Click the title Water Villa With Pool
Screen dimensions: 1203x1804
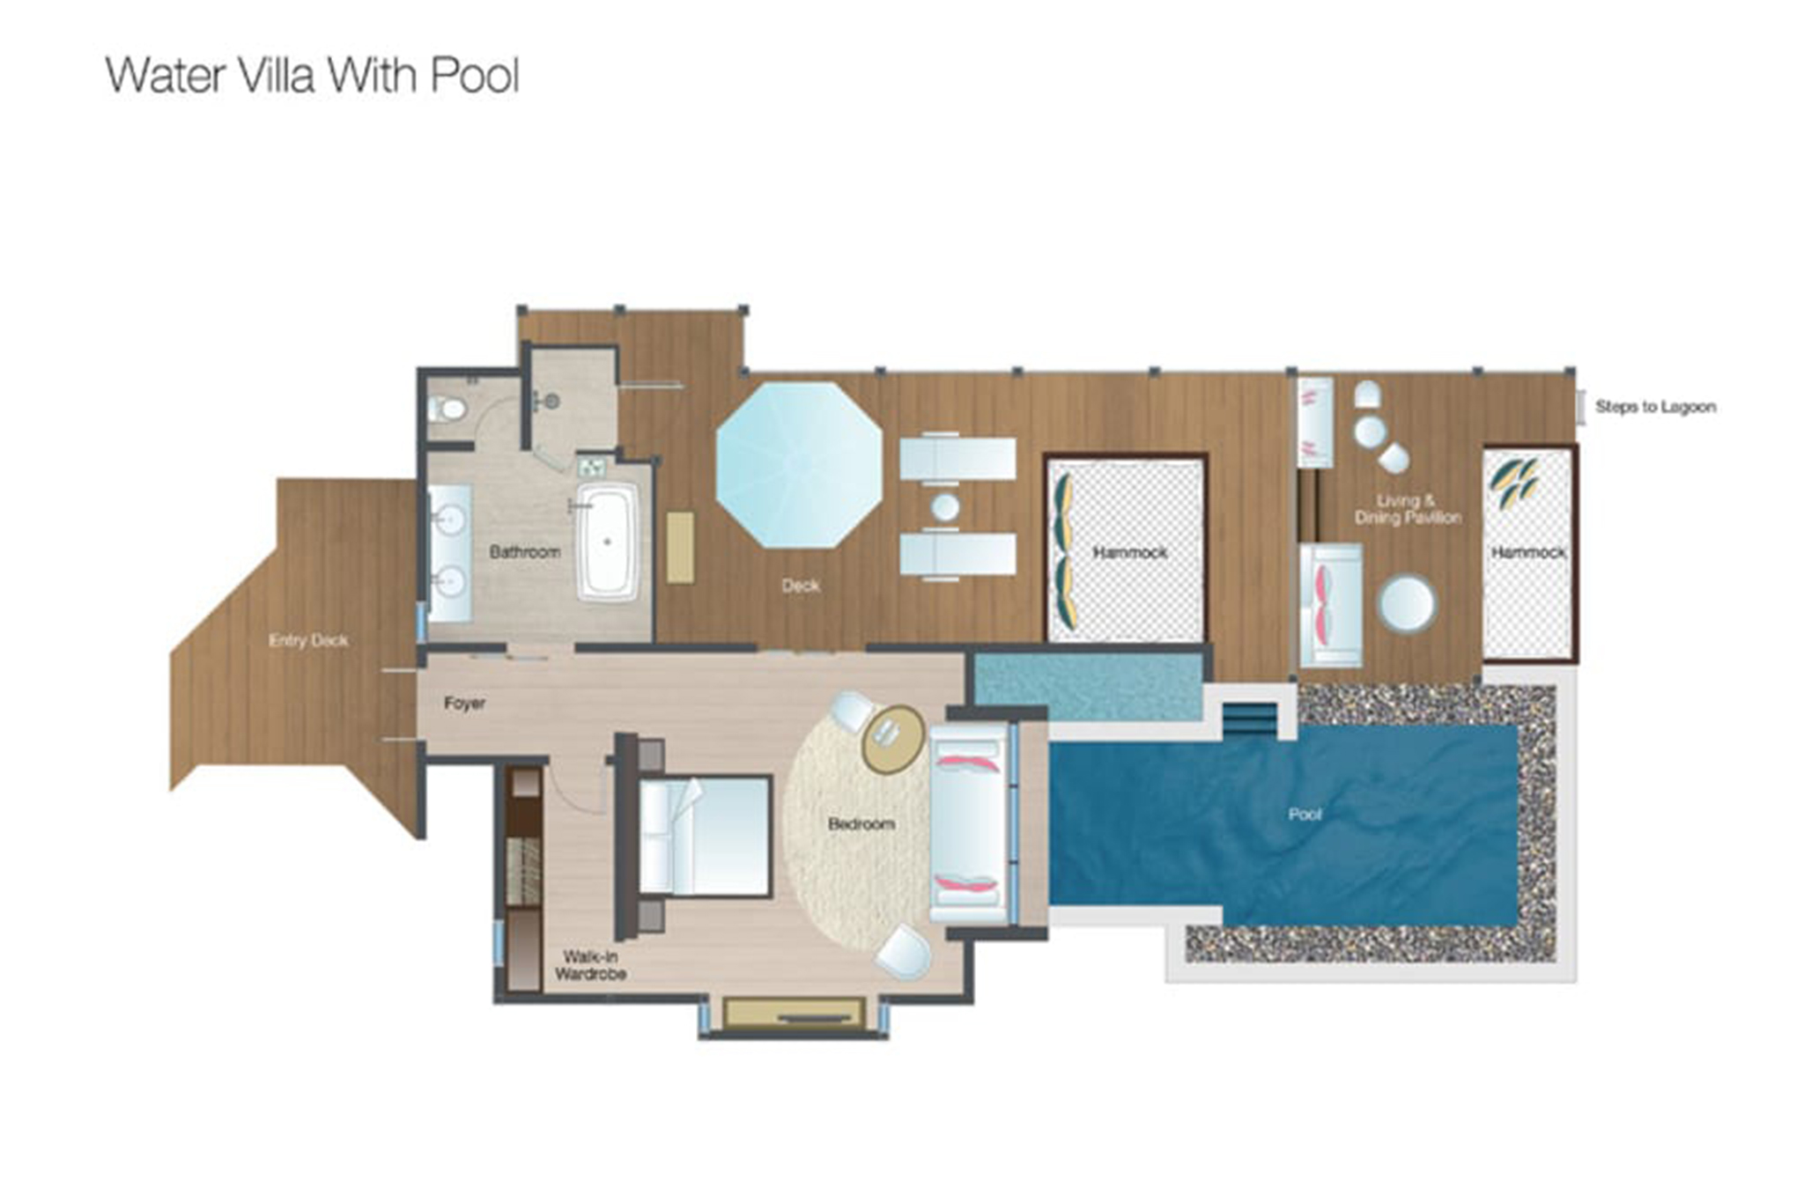tap(313, 76)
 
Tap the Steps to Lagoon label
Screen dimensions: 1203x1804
tap(1655, 407)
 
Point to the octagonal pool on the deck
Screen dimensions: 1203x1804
tap(799, 464)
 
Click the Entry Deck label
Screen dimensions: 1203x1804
tap(308, 640)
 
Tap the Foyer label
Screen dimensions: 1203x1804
tap(464, 704)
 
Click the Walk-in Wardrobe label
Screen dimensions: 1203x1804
tap(590, 965)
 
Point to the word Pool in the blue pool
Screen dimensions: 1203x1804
tap(1305, 815)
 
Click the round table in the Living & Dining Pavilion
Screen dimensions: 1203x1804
tap(1407, 603)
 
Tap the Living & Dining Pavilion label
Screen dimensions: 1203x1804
tap(1407, 509)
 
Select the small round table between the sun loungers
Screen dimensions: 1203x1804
tap(945, 507)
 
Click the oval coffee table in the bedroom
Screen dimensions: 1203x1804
tap(892, 738)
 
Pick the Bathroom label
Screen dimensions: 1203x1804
tap(524, 552)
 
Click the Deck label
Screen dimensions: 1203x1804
tap(800, 585)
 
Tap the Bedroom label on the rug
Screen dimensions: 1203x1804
tap(861, 824)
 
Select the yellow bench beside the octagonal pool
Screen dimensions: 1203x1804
tap(680, 547)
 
